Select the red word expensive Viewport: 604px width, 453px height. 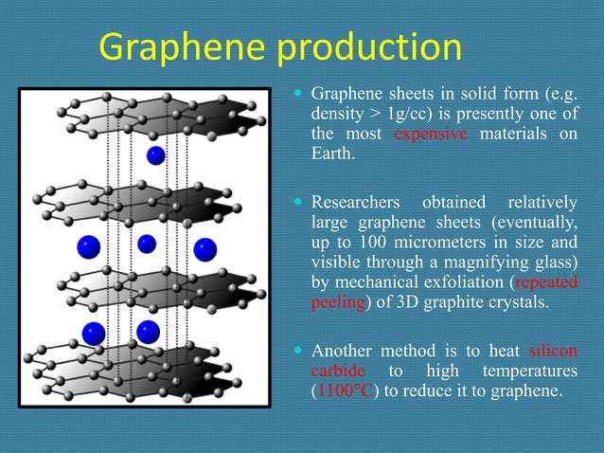430,134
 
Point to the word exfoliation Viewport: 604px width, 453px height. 468,282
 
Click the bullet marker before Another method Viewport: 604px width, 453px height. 298,351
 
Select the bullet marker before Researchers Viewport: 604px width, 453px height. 298,203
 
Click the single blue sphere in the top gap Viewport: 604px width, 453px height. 155,154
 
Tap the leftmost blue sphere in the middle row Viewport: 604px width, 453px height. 89,247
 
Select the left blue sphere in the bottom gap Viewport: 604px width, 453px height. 93,333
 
